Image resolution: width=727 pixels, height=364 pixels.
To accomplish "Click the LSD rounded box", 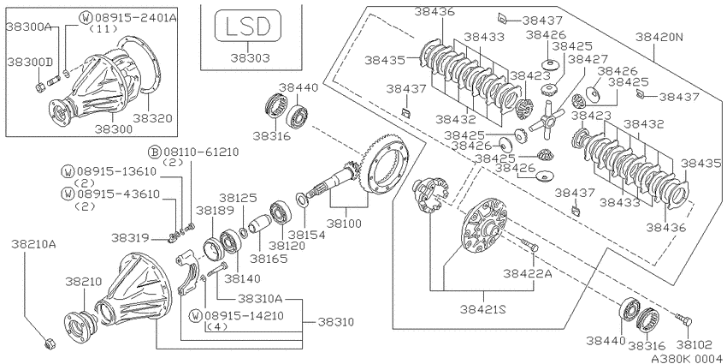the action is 247,26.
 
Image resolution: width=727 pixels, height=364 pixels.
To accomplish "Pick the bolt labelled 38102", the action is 684,320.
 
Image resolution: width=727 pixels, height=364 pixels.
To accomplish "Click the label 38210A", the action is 34,244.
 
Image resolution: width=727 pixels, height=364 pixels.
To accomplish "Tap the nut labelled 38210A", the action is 50,344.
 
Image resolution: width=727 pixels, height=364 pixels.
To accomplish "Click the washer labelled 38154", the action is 302,200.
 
